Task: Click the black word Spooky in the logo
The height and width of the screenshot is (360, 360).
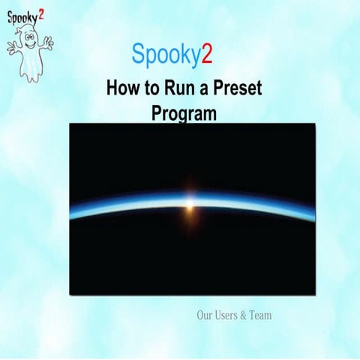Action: (25, 16)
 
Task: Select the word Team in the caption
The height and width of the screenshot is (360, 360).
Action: (259, 316)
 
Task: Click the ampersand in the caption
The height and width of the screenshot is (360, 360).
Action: (242, 316)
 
